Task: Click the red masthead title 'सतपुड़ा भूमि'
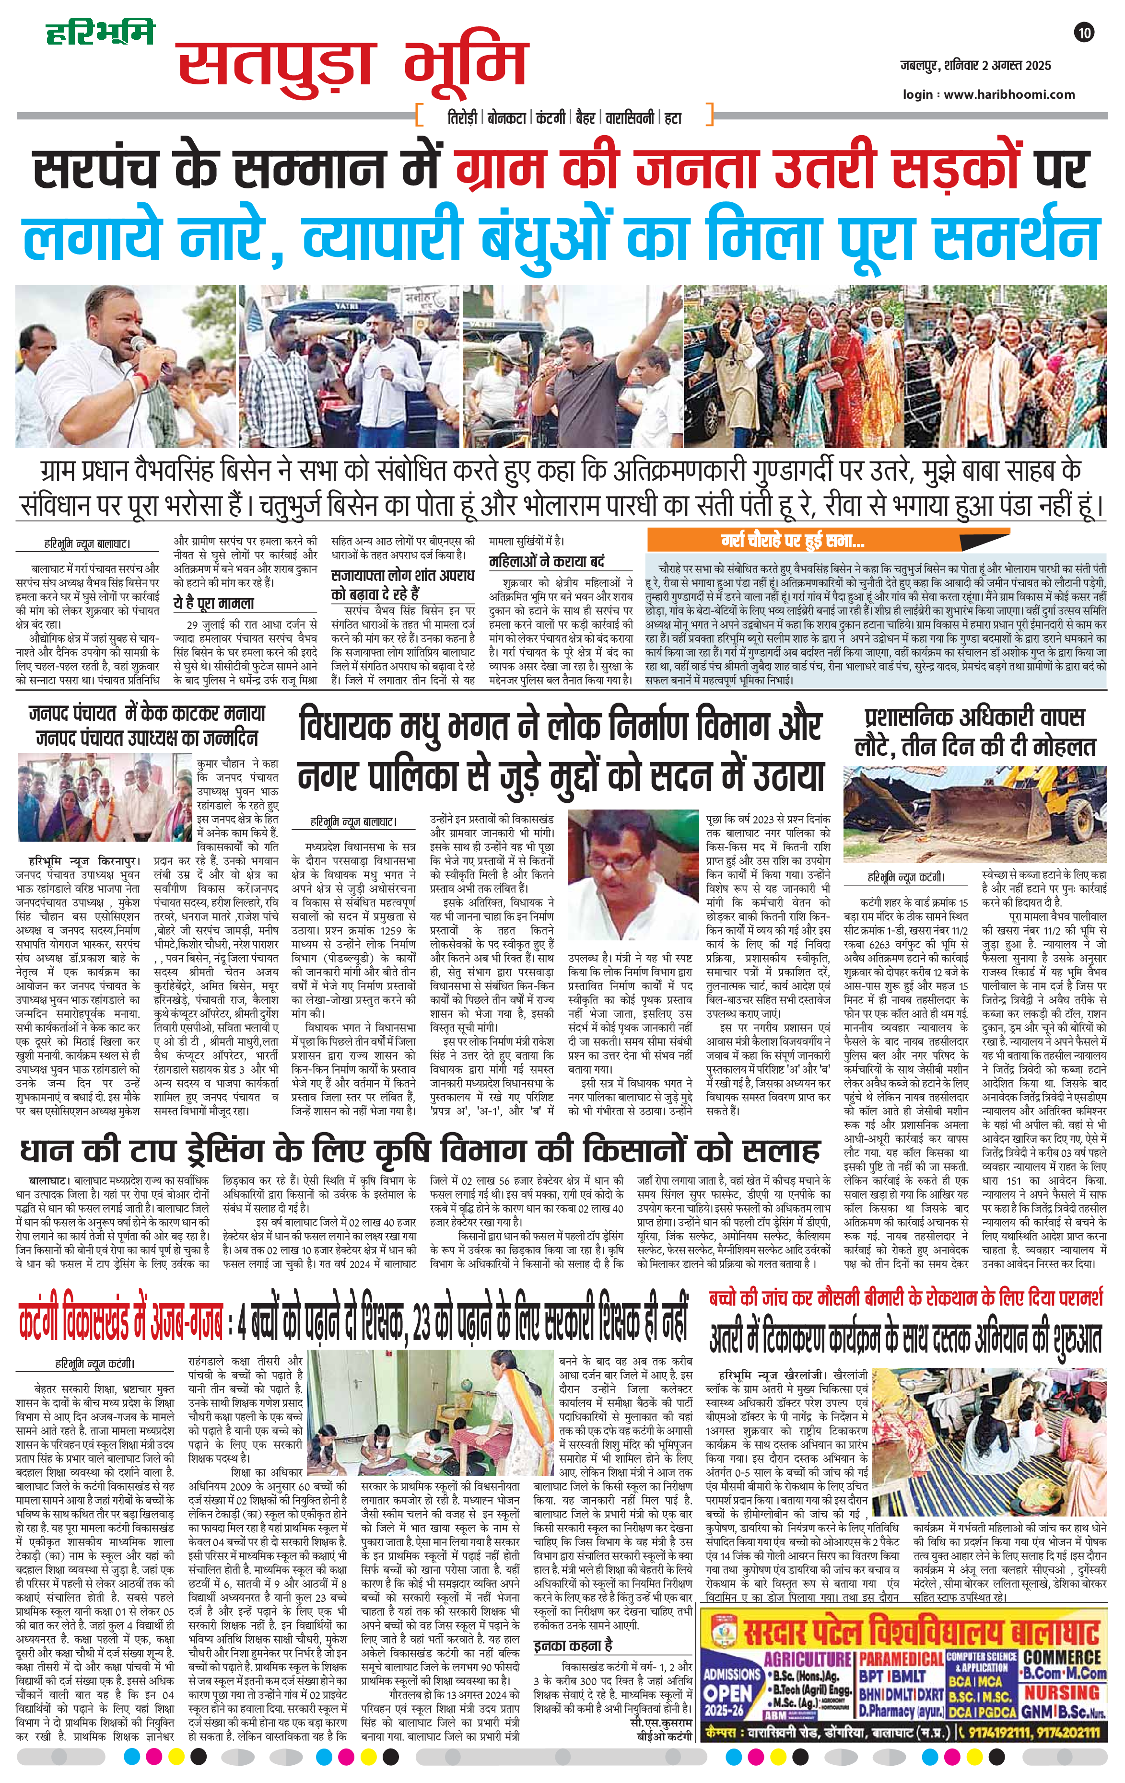pyautogui.click(x=352, y=67)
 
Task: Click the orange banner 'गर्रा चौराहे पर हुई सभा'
pyautogui.click(x=793, y=541)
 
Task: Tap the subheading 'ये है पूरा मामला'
pyautogui.click(x=213, y=603)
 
